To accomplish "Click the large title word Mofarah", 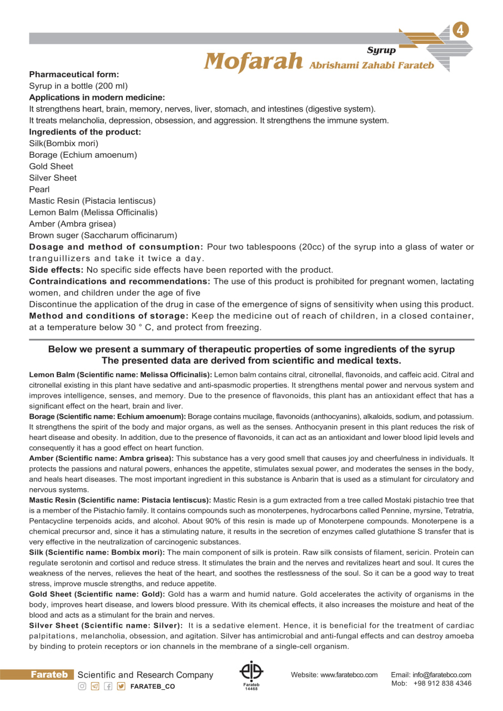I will pos(253,61).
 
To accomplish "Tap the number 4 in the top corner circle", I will pos(460,31).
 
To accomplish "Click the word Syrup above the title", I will pos(381,50).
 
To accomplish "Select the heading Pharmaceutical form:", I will pos(74,74).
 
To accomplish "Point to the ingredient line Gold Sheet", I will pos(51,166).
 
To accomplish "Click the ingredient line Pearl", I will pos(39,189).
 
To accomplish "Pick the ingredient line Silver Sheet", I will pos(53,178).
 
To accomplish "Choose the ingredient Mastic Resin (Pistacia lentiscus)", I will pos(92,201).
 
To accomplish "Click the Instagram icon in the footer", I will pos(82,687).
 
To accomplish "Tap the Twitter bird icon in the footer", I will pos(121,687).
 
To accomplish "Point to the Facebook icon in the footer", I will pos(108,687).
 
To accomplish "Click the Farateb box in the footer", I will pos(49,675).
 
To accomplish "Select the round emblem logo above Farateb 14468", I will pos(251,672).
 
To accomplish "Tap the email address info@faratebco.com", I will pos(442,675).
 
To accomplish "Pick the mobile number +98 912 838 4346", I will pos(442,683).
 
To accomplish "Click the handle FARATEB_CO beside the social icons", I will pos(152,687).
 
